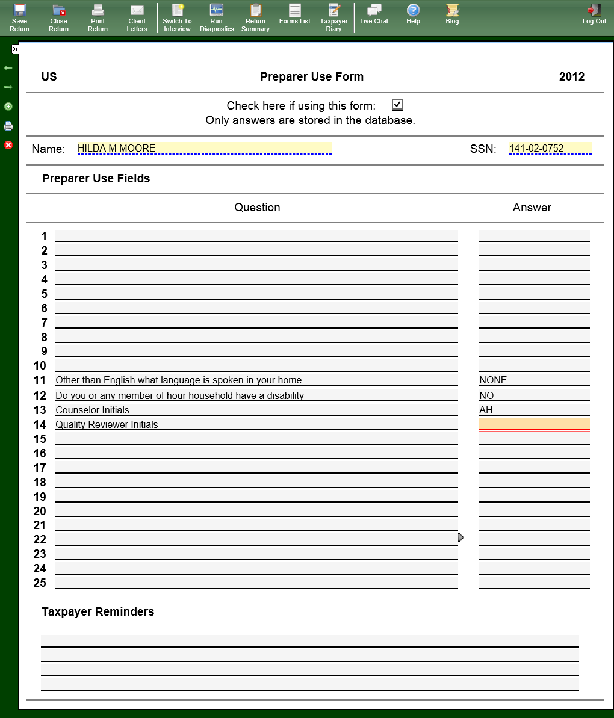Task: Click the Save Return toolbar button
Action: pos(19,17)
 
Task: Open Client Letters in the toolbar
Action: pos(137,17)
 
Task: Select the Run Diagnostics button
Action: pos(217,17)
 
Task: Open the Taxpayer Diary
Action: pos(333,17)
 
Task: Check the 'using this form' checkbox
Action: pos(397,105)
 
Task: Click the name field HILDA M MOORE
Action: pos(204,149)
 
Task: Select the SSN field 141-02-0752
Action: pos(550,149)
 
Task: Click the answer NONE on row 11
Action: pos(534,380)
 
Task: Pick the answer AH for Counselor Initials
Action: pos(534,410)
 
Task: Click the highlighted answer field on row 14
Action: pos(534,424)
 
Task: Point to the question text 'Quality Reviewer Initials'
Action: pos(107,424)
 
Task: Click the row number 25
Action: pos(40,583)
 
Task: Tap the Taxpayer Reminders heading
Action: pos(98,611)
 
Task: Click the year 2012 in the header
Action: pos(571,76)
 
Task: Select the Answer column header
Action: pos(532,208)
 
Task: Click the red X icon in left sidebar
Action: pos(8,145)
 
